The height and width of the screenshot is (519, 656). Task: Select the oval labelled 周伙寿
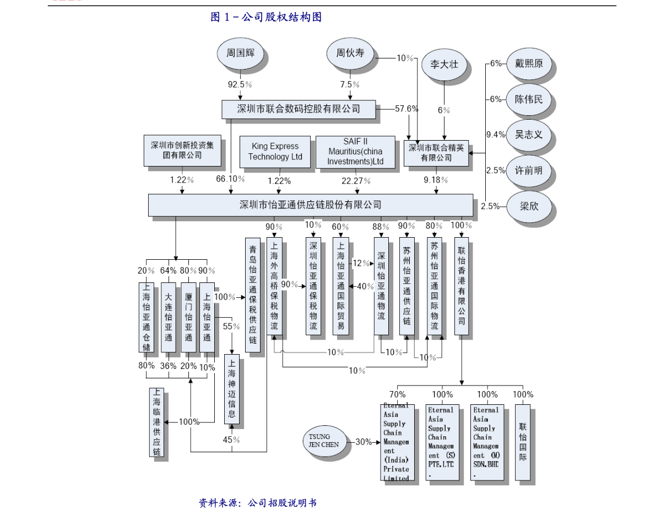(x=350, y=53)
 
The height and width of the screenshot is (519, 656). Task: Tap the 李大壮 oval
(x=444, y=65)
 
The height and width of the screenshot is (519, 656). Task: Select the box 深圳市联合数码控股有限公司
(x=299, y=109)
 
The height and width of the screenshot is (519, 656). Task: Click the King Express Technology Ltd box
(x=275, y=152)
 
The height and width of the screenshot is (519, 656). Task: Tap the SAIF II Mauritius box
(x=355, y=152)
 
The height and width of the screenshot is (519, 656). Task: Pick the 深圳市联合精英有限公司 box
(x=436, y=153)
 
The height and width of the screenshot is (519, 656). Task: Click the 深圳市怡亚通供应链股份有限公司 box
(x=310, y=205)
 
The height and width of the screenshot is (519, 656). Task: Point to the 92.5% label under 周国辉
(x=240, y=84)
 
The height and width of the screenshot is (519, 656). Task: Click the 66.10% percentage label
(x=230, y=179)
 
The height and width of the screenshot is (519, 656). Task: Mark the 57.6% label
(x=406, y=109)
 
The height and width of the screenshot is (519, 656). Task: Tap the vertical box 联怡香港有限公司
(x=461, y=286)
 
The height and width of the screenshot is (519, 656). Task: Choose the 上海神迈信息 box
(x=232, y=389)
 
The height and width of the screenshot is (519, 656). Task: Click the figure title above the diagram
(x=266, y=18)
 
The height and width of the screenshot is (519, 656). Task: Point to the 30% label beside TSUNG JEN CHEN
(x=363, y=442)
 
